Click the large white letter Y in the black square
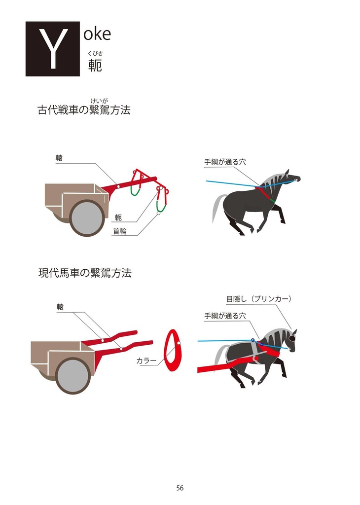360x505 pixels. [52, 49]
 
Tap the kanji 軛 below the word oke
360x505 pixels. [95, 66]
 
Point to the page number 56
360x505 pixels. [180, 488]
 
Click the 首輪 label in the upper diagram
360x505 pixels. [119, 231]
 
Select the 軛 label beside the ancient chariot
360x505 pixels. [118, 217]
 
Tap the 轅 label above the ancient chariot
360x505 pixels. [59, 158]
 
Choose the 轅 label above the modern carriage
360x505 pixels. [60, 307]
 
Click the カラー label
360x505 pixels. [146, 361]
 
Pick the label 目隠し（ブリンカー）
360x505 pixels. [259, 299]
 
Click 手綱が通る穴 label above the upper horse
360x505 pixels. [225, 162]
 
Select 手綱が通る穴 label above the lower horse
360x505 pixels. [225, 316]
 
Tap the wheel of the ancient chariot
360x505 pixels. [87, 218]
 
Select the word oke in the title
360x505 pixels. [97, 34]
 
